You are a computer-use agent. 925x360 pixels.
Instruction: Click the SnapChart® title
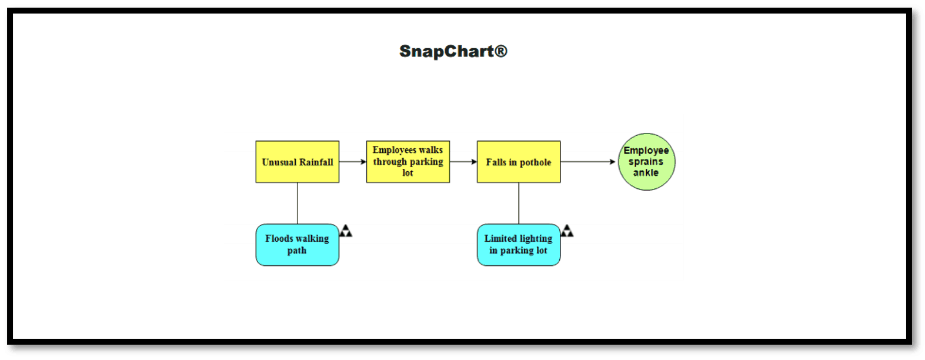[x=453, y=51]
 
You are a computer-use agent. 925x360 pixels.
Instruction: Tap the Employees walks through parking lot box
[x=408, y=161]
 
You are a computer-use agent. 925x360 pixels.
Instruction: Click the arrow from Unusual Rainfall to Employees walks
[x=352, y=162]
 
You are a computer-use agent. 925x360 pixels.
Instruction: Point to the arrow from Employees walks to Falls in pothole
[x=463, y=162]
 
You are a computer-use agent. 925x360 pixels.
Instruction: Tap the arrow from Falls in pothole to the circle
[x=587, y=162]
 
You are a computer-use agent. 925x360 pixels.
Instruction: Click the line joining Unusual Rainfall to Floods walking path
[x=298, y=203]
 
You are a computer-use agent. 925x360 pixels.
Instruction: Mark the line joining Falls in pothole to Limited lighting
[x=519, y=203]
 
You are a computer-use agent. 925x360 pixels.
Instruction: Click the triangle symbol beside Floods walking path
[x=346, y=231]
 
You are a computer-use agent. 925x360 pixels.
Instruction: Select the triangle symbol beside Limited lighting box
[x=567, y=231]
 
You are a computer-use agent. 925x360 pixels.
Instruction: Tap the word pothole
[x=535, y=162]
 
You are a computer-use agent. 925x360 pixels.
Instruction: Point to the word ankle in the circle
[x=646, y=172]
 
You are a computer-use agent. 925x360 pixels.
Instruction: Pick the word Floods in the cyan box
[x=279, y=238]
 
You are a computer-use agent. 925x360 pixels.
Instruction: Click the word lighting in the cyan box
[x=536, y=238]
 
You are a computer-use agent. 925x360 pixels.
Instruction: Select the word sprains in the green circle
[x=646, y=162]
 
